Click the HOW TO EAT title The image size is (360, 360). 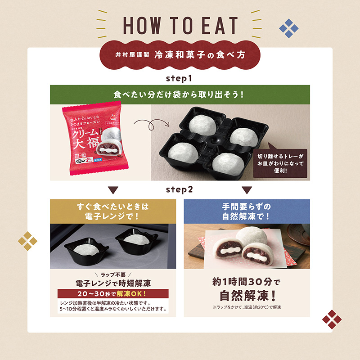[x=180, y=26]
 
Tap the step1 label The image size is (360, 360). [x=179, y=79]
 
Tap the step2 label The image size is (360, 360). [x=179, y=189]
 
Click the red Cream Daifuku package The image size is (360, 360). [x=95, y=141]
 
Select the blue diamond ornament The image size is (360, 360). [x=289, y=29]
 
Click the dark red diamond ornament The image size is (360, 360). [x=332, y=319]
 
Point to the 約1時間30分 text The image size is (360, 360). [x=247, y=282]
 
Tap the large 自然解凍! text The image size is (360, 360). [x=247, y=297]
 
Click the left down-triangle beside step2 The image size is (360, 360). [x=113, y=189]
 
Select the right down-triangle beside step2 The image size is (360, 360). [x=247, y=189]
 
